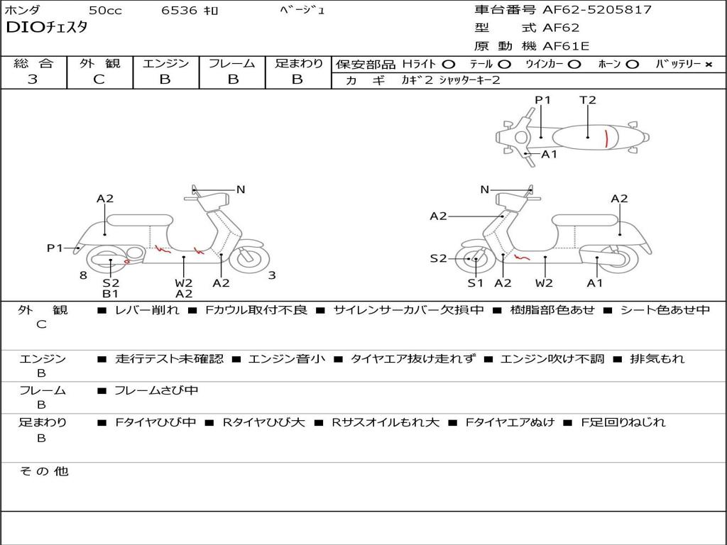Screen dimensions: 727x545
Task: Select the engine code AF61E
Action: coord(566,47)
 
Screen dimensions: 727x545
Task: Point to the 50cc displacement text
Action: coord(104,11)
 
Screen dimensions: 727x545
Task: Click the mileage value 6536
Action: coord(180,11)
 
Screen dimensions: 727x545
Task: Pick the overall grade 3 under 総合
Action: coord(33,79)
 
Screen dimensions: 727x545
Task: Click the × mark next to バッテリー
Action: coord(708,65)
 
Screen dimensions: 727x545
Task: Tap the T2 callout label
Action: coord(588,100)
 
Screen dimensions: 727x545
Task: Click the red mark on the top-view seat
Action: coord(606,138)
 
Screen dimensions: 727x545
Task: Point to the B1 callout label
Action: coord(110,294)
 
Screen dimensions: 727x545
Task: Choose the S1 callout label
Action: coord(475,283)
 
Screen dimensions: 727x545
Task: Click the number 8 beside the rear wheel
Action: coord(83,275)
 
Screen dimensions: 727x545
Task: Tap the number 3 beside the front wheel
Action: coord(272,275)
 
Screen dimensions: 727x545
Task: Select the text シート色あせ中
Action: coord(665,310)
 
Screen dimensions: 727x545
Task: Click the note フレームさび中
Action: coord(156,390)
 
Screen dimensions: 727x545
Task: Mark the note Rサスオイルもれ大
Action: coord(386,422)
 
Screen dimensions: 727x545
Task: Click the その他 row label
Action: coord(43,471)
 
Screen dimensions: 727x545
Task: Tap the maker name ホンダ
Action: coord(22,11)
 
